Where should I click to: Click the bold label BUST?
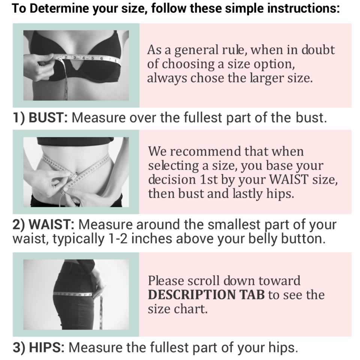point(48,118)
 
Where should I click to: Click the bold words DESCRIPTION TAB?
point(206,295)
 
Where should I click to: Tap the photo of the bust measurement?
point(76,65)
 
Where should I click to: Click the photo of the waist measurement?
point(76,172)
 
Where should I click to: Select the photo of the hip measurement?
point(76,294)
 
